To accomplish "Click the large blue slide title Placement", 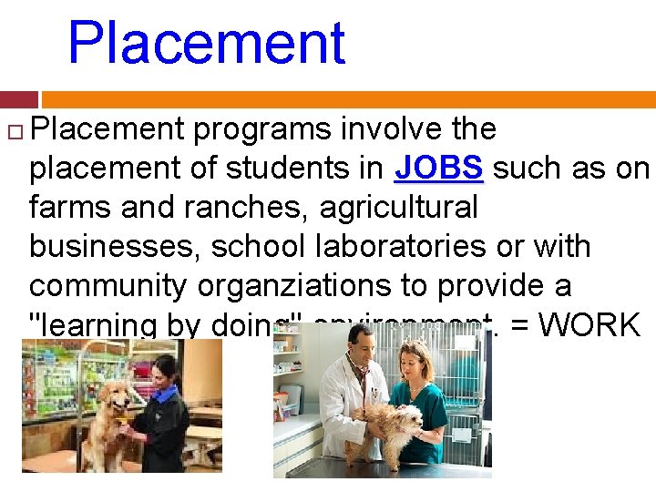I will pyautogui.click(x=207, y=42).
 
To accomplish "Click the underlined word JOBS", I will pyautogui.click(x=439, y=169).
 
